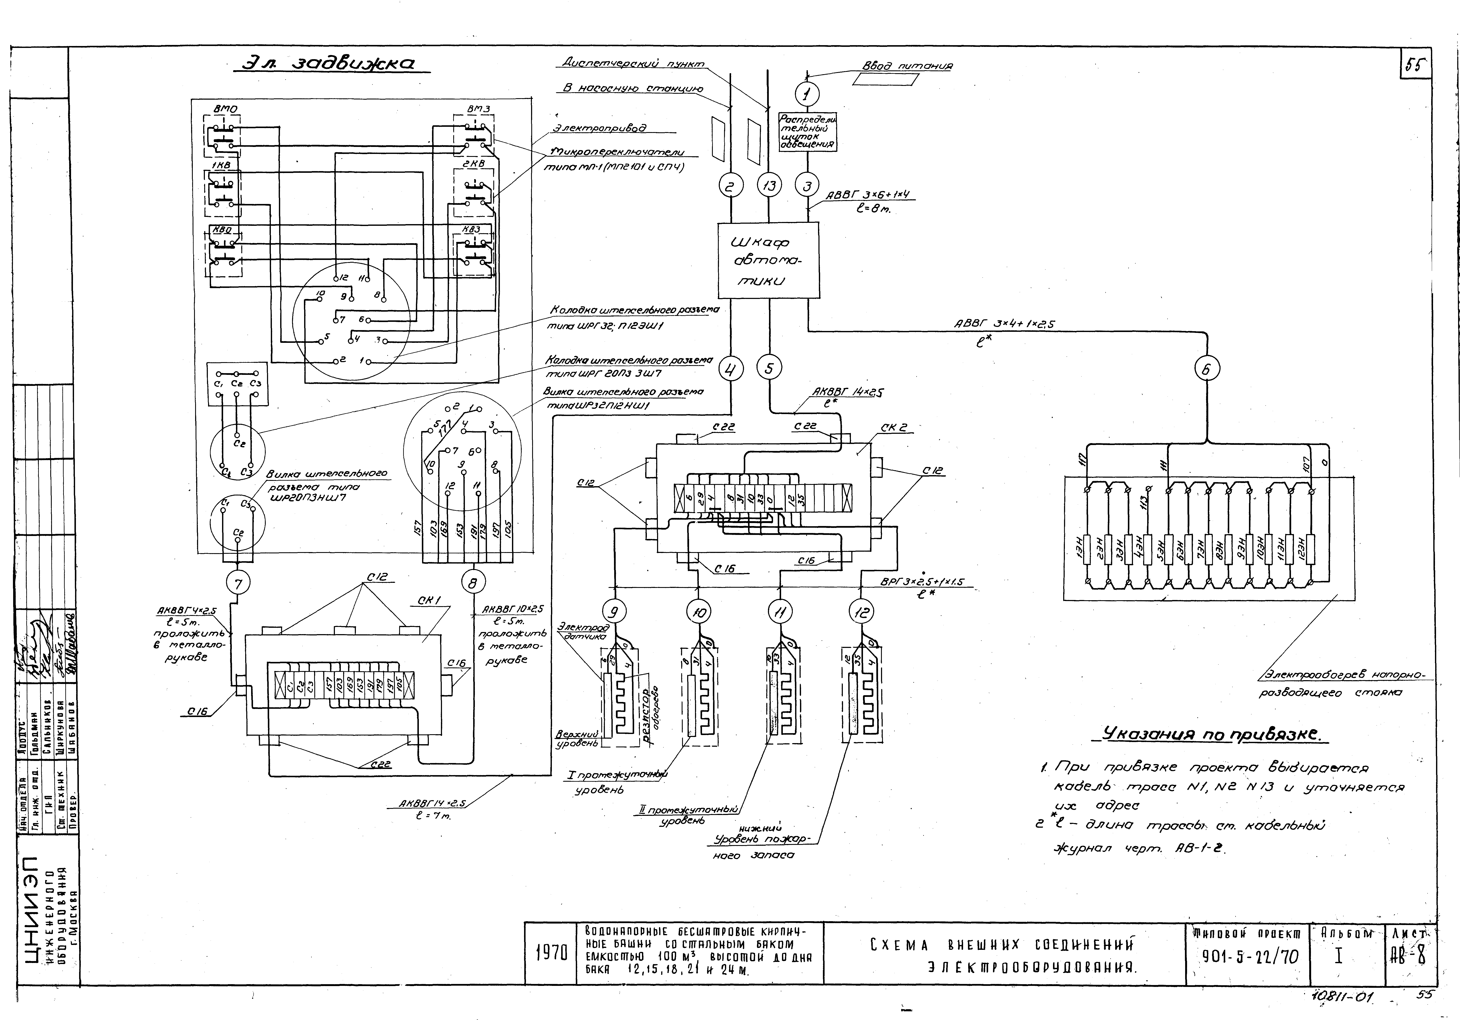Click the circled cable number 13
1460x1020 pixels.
pyautogui.click(x=769, y=186)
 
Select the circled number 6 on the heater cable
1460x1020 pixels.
pyautogui.click(x=1206, y=369)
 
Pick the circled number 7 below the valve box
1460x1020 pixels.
pyautogui.click(x=238, y=583)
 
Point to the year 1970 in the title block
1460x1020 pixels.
pyautogui.click(x=551, y=953)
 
